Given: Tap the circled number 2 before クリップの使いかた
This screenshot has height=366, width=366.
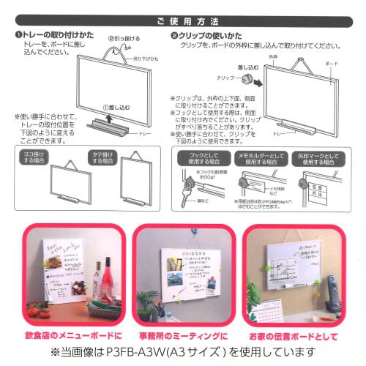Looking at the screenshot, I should tap(174, 35).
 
